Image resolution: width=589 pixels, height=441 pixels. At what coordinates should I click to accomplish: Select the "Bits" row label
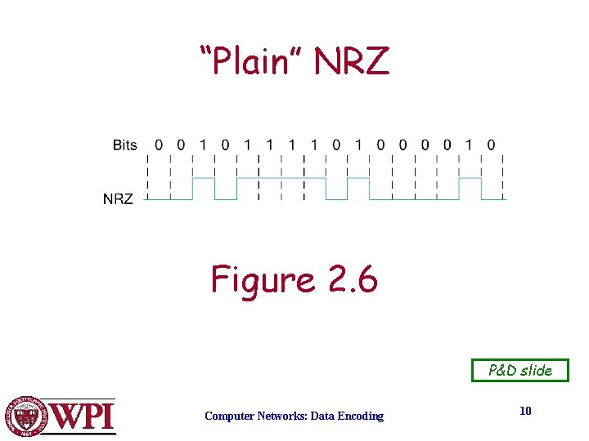pyautogui.click(x=124, y=145)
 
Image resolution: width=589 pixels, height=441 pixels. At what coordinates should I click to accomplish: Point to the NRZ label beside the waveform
pyautogui.click(x=118, y=198)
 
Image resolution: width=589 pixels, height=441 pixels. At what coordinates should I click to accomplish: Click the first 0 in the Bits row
pyautogui.click(x=159, y=145)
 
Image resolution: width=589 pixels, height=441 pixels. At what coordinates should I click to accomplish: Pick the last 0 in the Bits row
pyautogui.click(x=491, y=145)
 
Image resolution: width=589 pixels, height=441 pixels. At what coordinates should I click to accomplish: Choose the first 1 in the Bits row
pyautogui.click(x=203, y=145)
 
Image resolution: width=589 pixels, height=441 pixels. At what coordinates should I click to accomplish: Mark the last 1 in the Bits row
pyautogui.click(x=469, y=145)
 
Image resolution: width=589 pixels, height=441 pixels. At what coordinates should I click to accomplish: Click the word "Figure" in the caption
pyautogui.click(x=263, y=280)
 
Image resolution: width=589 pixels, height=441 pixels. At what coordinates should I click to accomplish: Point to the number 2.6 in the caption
pyautogui.click(x=352, y=280)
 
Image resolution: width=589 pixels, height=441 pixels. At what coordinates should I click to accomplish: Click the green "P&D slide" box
pyautogui.click(x=520, y=370)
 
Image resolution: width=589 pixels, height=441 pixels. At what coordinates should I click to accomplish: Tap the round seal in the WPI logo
pyautogui.click(x=27, y=416)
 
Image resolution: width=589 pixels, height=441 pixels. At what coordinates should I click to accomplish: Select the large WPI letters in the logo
pyautogui.click(x=82, y=416)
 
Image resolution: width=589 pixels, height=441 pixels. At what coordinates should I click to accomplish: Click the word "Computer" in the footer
pyautogui.click(x=229, y=416)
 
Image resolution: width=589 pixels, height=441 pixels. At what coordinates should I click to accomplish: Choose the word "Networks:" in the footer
pyautogui.click(x=281, y=416)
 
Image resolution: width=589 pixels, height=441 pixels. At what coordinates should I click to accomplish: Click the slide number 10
pyautogui.click(x=525, y=411)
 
